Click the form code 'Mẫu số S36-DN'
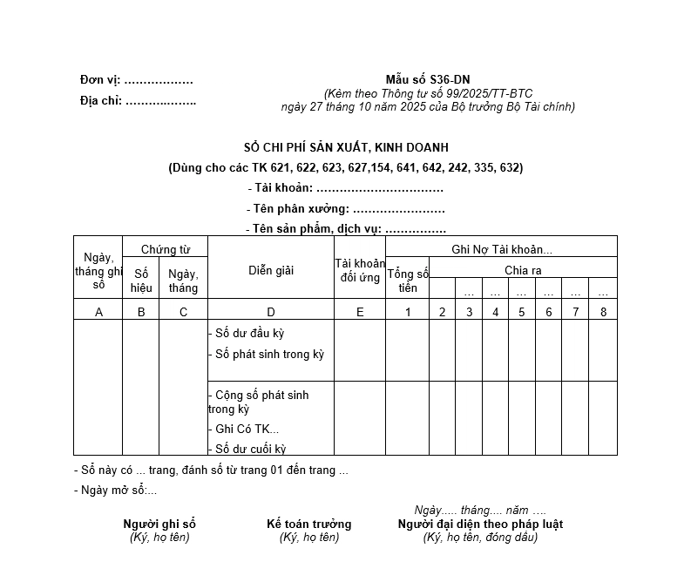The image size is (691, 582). (427, 80)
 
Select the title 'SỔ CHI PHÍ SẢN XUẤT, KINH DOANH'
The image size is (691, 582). (346, 148)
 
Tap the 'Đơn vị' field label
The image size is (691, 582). (100, 80)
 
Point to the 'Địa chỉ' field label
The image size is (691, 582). (101, 101)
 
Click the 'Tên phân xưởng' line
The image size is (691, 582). (346, 209)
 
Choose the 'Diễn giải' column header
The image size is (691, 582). (271, 270)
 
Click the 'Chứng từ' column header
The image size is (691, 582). (166, 249)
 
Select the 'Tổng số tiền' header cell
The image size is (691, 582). (408, 281)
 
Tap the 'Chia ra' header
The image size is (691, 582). (523, 270)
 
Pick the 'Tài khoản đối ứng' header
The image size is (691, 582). (360, 270)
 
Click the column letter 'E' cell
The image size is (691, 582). (360, 312)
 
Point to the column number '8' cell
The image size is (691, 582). (603, 312)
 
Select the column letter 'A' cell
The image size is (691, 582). (98, 312)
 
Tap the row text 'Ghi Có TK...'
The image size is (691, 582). (247, 429)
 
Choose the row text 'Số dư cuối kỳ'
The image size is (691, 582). (250, 449)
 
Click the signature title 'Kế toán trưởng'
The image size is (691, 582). (309, 524)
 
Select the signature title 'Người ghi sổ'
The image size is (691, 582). (159, 524)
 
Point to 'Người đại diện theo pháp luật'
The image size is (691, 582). (480, 524)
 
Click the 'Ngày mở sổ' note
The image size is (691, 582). (116, 490)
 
